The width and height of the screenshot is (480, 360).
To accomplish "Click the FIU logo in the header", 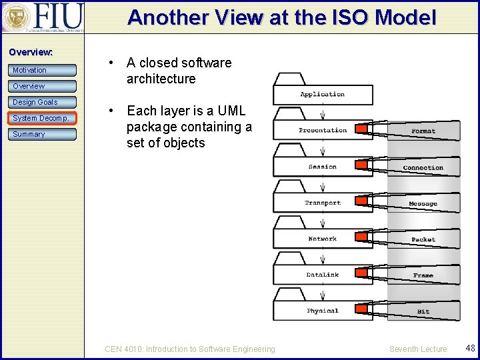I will pyautogui.click(x=43, y=18).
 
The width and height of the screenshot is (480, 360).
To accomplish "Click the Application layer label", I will pyautogui.click(x=322, y=95).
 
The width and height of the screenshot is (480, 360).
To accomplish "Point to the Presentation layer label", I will pyautogui.click(x=323, y=130).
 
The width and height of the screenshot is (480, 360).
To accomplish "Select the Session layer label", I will pyautogui.click(x=323, y=167).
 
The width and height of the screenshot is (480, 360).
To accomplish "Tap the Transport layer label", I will pyautogui.click(x=323, y=203).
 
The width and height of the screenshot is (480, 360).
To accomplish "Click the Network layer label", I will pyautogui.click(x=323, y=239).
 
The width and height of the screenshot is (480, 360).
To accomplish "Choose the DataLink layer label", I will pyautogui.click(x=323, y=275).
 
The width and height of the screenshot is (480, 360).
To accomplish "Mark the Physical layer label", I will pyautogui.click(x=323, y=311).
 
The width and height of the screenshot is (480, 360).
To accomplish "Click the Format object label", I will pyautogui.click(x=423, y=131).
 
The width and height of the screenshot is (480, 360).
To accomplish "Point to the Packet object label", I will pyautogui.click(x=423, y=239).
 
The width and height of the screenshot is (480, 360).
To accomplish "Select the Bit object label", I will pyautogui.click(x=423, y=311).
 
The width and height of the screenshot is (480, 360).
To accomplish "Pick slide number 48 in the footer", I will pyautogui.click(x=470, y=348).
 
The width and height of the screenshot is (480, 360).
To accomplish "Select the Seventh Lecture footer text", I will pyautogui.click(x=418, y=349).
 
